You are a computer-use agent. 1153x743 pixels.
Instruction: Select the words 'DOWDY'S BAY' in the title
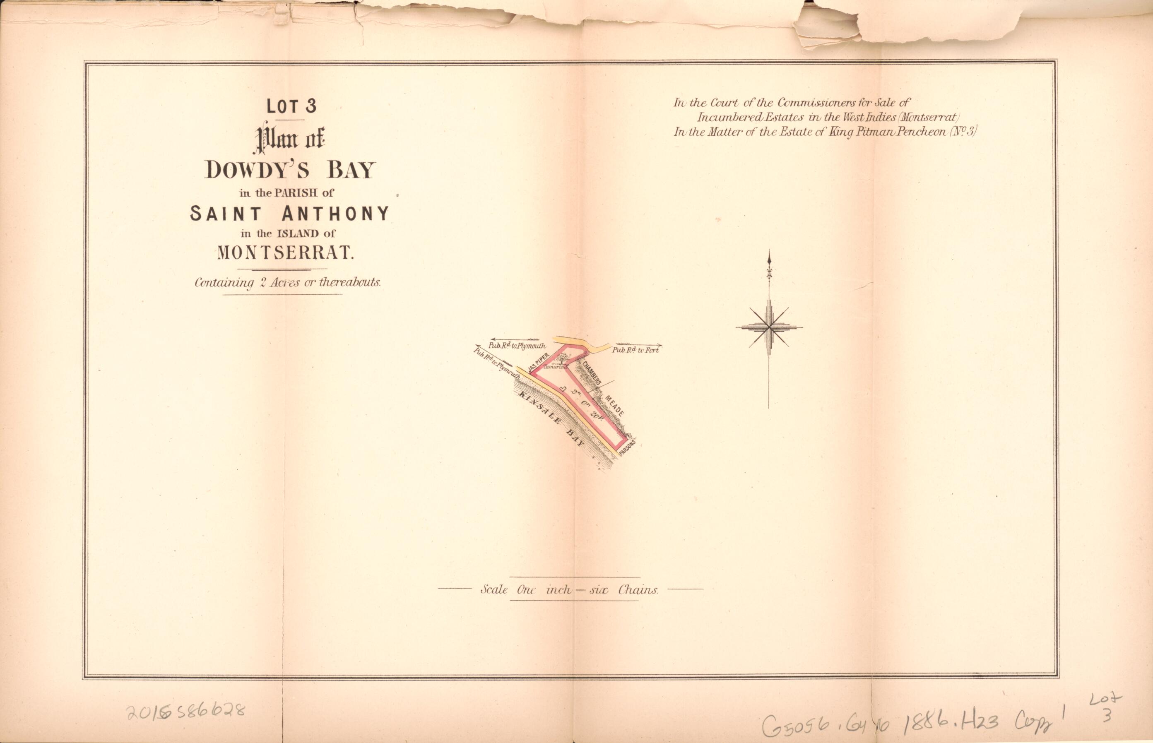[289, 170]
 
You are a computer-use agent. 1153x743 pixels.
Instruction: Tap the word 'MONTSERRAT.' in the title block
[286, 253]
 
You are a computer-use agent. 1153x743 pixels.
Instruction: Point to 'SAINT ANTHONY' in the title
[289, 213]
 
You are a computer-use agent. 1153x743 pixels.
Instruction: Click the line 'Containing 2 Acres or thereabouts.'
[288, 283]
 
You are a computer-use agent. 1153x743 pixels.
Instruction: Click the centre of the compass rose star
[769, 327]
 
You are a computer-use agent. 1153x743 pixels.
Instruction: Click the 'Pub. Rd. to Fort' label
[635, 350]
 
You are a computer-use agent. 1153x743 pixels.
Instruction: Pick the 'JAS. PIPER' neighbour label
[539, 363]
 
